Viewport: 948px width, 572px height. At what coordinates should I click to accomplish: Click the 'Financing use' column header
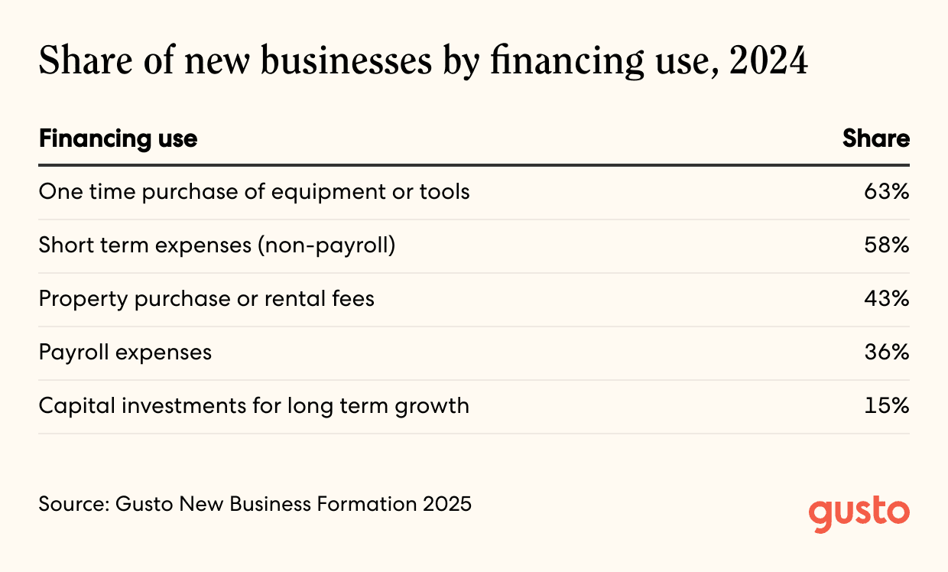point(118,139)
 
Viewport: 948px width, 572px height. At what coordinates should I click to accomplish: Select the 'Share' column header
point(875,138)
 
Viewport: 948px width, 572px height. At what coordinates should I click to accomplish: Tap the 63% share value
point(887,191)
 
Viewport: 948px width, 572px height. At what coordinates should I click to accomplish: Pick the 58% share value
point(887,245)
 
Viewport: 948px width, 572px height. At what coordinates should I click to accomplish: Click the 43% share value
point(887,298)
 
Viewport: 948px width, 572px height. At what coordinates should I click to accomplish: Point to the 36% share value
point(887,353)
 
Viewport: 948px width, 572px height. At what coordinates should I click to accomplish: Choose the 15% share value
point(887,405)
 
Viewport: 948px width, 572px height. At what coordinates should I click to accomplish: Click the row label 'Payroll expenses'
point(125,353)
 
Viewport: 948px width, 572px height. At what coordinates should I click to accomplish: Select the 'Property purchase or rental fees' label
point(206,299)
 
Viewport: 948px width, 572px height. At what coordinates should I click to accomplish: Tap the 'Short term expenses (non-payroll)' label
point(217,245)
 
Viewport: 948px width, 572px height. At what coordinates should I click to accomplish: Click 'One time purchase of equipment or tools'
point(255,192)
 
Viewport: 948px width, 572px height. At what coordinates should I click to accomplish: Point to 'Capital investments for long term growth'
point(254,406)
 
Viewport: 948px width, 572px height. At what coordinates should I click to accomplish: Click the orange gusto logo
point(859,514)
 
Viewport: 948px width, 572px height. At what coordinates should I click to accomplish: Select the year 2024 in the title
point(768,60)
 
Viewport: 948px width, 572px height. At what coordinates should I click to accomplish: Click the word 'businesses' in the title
point(346,60)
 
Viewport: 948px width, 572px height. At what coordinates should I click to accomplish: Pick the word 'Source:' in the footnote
point(74,504)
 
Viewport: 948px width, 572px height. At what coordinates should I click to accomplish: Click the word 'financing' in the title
point(567,62)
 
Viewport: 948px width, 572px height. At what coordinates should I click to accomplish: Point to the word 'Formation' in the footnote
point(366,504)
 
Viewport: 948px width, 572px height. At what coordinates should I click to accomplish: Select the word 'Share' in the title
point(86,60)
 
